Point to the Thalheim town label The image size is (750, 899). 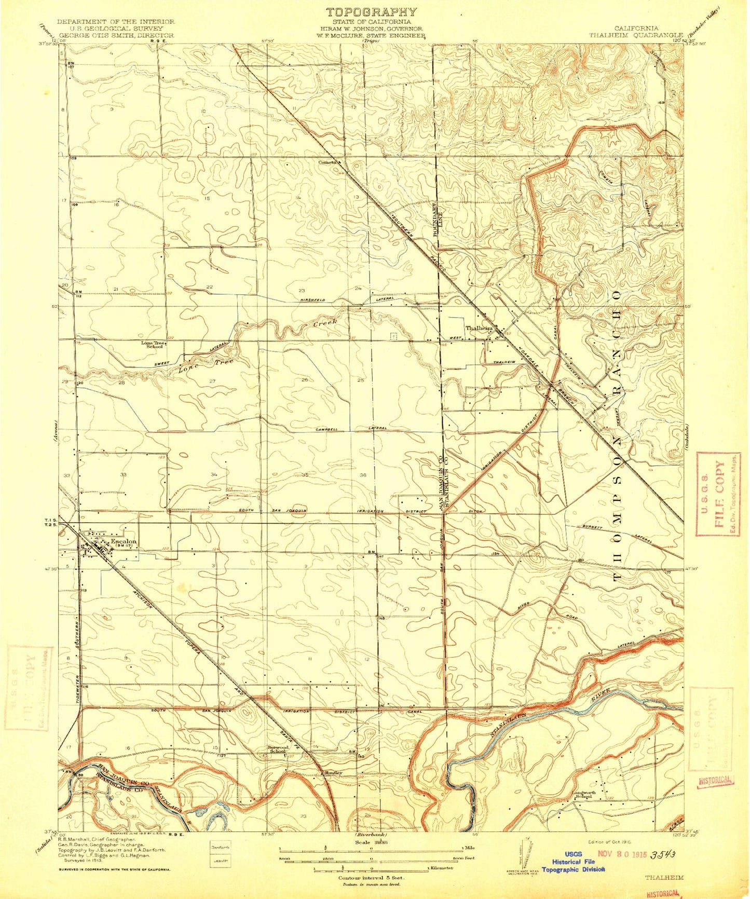(478, 328)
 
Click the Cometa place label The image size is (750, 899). (328, 161)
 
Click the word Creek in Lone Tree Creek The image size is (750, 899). (325, 323)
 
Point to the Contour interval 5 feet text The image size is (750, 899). (371, 878)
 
